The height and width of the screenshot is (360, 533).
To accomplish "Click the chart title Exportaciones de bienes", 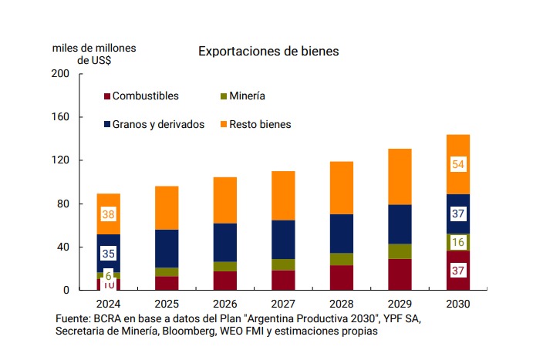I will click(268, 52).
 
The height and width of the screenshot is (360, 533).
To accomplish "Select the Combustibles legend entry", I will click(145, 96).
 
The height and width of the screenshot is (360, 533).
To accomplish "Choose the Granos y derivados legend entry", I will click(158, 123).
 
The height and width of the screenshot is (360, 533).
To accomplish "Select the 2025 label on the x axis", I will click(167, 304).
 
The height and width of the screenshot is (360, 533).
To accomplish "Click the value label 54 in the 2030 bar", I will click(457, 164).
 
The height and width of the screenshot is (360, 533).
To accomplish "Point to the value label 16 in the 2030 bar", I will click(457, 242).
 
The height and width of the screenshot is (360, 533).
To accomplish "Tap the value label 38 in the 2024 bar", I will click(108, 214).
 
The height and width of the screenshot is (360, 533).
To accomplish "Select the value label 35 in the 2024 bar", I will click(108, 253).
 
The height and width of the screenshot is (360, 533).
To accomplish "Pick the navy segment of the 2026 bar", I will click(226, 242).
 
